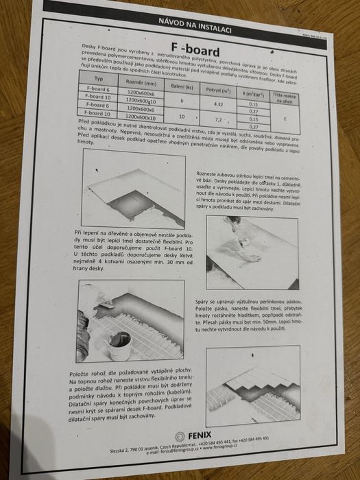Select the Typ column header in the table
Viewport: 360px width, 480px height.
tap(97, 79)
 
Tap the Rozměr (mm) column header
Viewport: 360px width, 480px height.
tap(141, 82)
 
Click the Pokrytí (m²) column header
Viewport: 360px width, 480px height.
tap(220, 88)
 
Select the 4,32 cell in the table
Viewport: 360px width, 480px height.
tap(219, 104)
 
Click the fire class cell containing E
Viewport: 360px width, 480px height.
tap(283, 117)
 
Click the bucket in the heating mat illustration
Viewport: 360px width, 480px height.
tap(121, 340)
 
